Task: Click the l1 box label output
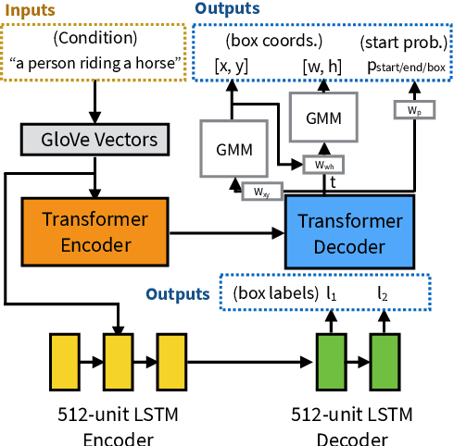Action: pyautogui.click(x=332, y=293)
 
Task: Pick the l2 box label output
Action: pyautogui.click(x=383, y=293)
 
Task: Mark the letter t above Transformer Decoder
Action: pyautogui.click(x=333, y=183)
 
